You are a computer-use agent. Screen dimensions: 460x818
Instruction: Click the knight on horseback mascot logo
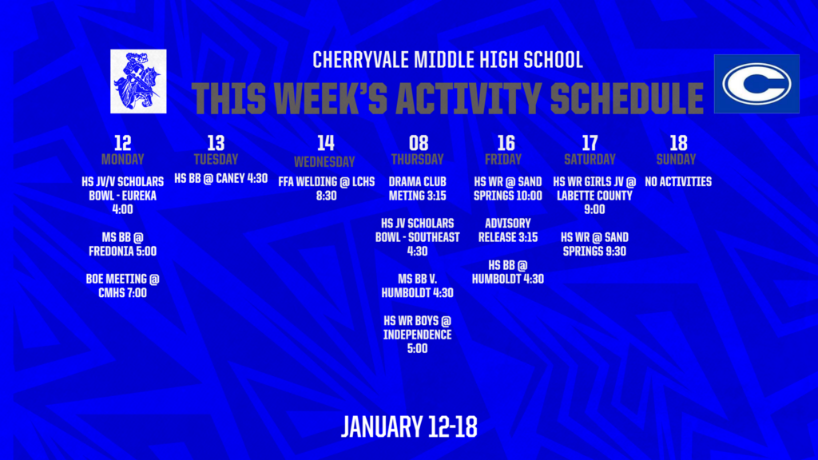pos(138,81)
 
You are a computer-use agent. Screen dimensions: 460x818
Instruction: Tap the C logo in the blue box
pos(756,84)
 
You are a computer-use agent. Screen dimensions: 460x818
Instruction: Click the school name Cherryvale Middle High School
pos(447,60)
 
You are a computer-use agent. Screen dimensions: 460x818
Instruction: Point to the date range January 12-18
pos(409,426)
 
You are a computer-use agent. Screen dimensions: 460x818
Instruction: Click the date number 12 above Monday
pos(122,143)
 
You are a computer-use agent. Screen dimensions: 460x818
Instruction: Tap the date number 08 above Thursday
pos(418,143)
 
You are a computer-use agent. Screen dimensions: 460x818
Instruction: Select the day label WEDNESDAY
pos(325,161)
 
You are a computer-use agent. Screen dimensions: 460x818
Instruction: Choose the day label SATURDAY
pos(589,159)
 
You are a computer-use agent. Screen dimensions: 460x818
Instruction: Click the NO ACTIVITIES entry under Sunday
pos(677,181)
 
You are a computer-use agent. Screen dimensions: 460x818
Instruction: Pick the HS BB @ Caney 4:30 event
pos(221,178)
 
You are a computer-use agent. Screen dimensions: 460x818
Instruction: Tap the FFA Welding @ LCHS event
pos(326,188)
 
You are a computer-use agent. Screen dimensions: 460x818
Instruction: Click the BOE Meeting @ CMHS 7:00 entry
pos(122,286)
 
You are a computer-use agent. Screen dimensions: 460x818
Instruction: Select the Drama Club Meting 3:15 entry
pos(418,188)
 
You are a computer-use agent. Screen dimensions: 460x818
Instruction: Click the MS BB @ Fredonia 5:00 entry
pos(122,244)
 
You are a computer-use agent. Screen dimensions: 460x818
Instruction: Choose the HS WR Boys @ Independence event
pos(418,334)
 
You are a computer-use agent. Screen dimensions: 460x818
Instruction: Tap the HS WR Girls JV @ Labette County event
pos(594,195)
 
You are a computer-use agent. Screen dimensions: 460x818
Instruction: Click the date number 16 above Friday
pos(506,143)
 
